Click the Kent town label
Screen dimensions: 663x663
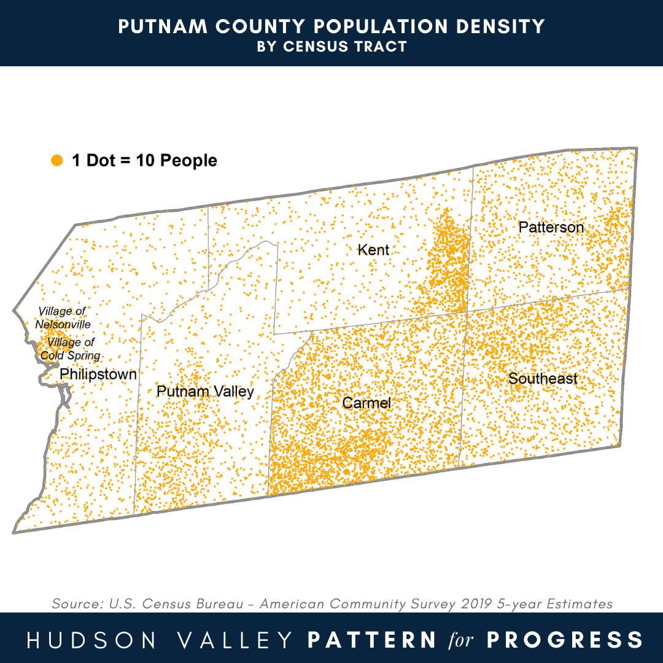point(373,250)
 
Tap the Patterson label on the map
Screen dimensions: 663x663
point(551,227)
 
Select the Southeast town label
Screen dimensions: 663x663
point(543,379)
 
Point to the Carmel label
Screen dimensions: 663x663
point(366,403)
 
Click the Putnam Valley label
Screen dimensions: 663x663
point(205,392)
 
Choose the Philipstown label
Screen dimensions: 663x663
point(98,374)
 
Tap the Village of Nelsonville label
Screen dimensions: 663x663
point(63,318)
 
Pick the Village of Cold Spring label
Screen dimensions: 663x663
point(71,349)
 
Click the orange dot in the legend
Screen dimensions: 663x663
point(57,161)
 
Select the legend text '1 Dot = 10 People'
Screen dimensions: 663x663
point(144,161)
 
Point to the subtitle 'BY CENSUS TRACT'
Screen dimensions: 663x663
point(331,47)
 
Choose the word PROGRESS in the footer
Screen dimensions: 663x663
point(565,639)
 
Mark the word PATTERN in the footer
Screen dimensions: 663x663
point(371,639)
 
